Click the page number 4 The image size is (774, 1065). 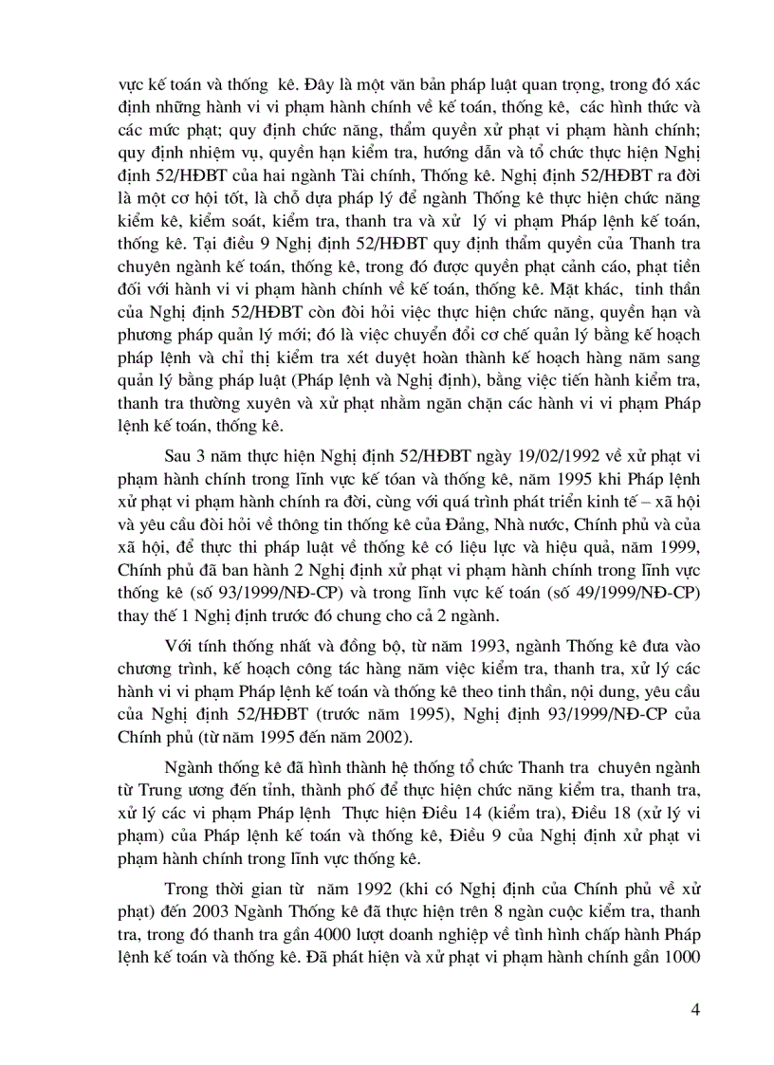[x=696, y=1008]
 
